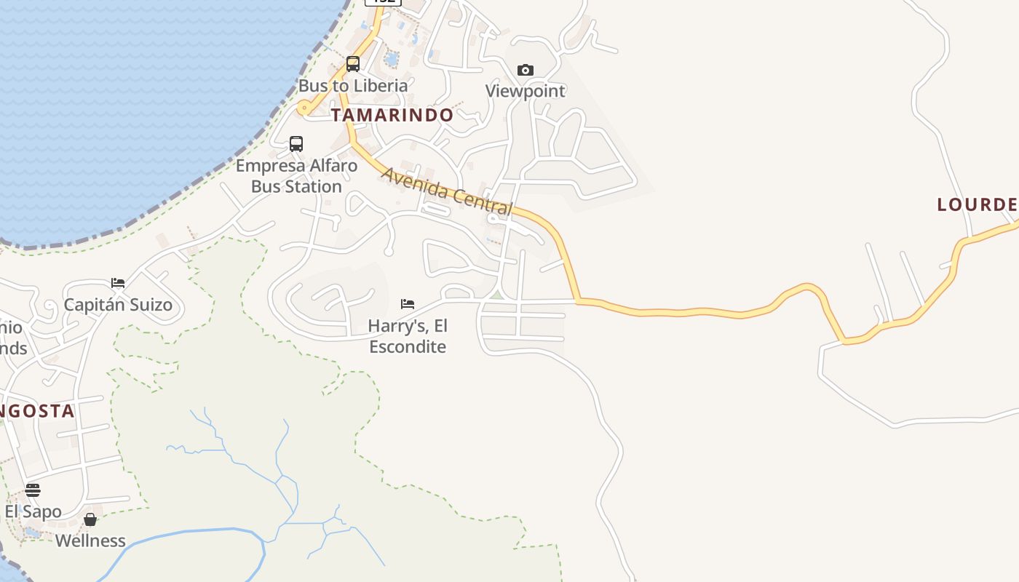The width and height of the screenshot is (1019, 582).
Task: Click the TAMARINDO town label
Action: tap(392, 115)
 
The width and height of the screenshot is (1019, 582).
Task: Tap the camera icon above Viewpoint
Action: tap(526, 70)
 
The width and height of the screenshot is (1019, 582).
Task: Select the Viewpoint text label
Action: tap(526, 91)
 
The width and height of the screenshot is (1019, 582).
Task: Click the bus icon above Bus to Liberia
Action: tap(353, 64)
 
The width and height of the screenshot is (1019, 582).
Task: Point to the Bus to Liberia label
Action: tap(353, 85)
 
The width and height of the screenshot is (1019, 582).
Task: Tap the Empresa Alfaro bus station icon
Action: tap(296, 143)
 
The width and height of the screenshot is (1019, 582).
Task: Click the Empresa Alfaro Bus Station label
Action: tap(296, 175)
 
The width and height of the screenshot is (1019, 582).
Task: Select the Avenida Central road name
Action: tap(446, 191)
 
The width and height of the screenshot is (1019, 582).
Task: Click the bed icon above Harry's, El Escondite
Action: tap(408, 303)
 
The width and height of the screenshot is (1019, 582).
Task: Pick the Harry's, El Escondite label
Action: tap(408, 335)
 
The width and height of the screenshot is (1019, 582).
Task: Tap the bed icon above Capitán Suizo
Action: tap(118, 282)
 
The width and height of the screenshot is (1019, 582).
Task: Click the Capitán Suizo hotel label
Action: tap(118, 304)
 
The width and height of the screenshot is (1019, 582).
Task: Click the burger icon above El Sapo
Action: tap(33, 490)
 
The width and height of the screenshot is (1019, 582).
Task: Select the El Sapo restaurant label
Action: tap(33, 511)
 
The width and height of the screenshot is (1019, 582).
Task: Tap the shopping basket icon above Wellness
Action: tap(90, 519)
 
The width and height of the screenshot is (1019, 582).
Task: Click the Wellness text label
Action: tap(90, 541)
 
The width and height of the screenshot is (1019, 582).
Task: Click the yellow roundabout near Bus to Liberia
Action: tap(304, 108)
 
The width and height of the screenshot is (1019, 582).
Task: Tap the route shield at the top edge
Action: tap(383, 2)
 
